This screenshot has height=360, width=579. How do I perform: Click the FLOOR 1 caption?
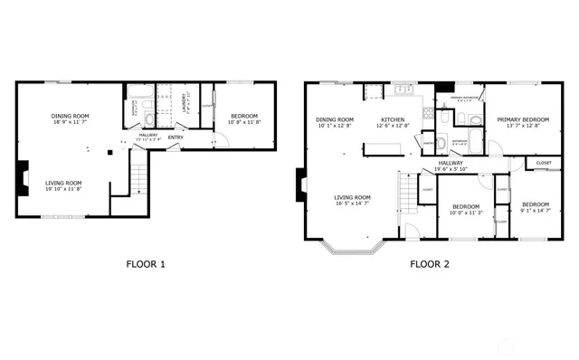click(x=145, y=265)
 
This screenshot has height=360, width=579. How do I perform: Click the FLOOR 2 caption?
click(x=430, y=265)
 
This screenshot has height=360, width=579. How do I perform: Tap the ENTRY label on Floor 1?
click(x=176, y=137)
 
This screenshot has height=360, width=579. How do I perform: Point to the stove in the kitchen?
click(x=375, y=91)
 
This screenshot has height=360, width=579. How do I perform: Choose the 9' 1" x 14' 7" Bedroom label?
click(x=536, y=207)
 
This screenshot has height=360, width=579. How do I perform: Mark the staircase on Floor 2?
click(x=409, y=192)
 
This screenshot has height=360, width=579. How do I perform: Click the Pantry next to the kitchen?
click(x=424, y=141)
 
